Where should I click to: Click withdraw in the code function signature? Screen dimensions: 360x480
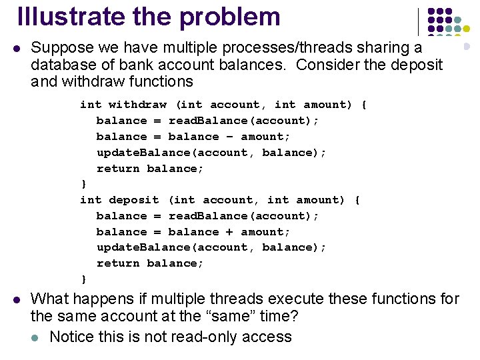[x=137, y=105]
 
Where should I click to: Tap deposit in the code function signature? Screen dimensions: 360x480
[x=134, y=200]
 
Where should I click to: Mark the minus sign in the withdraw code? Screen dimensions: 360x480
[x=230, y=137]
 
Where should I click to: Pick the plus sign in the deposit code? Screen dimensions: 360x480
[x=230, y=232]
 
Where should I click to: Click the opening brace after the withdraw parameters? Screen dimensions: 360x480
[x=363, y=105]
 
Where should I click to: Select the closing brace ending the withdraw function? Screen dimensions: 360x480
[x=83, y=184]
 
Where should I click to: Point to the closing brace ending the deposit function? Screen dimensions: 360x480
[x=83, y=279]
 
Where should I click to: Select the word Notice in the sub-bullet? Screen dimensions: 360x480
[x=71, y=337]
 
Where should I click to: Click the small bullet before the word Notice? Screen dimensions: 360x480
[x=39, y=337]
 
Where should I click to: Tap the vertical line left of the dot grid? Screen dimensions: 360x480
[x=418, y=21]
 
